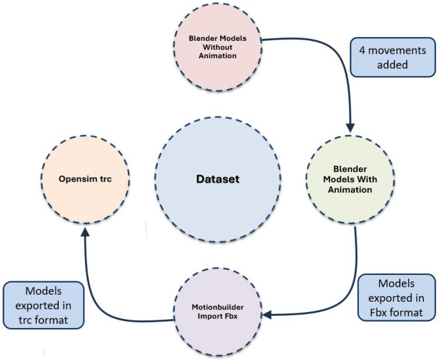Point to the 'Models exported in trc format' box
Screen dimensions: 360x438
pyautogui.click(x=43, y=304)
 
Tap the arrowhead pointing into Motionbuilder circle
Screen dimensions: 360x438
pyautogui.click(x=269, y=314)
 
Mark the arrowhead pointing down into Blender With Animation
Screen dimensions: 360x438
pyautogui.click(x=350, y=125)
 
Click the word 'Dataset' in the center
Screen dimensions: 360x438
pyautogui.click(x=217, y=179)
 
